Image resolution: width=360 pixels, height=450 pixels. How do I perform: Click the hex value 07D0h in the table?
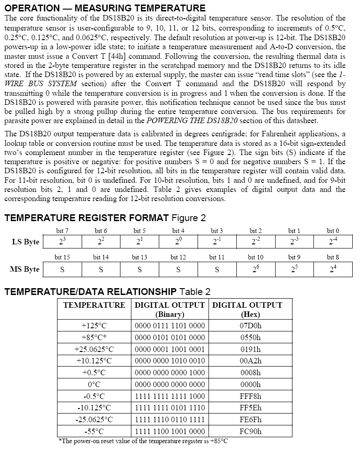pyautogui.click(x=250, y=326)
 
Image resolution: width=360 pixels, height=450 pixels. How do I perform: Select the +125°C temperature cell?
pyautogui.click(x=94, y=326)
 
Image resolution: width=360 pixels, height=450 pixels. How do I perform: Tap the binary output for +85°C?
pyautogui.click(x=170, y=338)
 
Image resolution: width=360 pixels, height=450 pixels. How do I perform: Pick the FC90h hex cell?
pyautogui.click(x=250, y=431)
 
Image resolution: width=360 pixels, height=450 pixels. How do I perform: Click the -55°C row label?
pyautogui.click(x=94, y=431)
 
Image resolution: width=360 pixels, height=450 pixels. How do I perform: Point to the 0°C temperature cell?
pyautogui.click(x=94, y=384)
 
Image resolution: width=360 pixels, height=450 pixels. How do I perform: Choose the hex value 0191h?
pyautogui.click(x=250, y=349)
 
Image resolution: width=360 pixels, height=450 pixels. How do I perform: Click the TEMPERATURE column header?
pyautogui.click(x=94, y=305)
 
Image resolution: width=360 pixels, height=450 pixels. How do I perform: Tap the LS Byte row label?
pyautogui.click(x=26, y=242)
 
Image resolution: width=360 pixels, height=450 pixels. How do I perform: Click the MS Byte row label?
pyautogui.click(x=25, y=269)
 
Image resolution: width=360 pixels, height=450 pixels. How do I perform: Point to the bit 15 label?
pyautogui.click(x=62, y=258)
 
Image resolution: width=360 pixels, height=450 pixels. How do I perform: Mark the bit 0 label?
pyautogui.click(x=333, y=231)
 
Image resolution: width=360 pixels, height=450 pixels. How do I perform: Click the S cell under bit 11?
pyautogui.click(x=217, y=269)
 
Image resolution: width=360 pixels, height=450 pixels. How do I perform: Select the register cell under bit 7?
pyautogui.click(x=62, y=242)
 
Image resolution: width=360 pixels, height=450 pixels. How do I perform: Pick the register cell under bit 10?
pyautogui.click(x=256, y=269)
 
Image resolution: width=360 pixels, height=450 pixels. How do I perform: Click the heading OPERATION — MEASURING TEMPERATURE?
pyautogui.click(x=105, y=8)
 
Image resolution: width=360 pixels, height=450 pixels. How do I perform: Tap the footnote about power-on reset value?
pyautogui.click(x=143, y=441)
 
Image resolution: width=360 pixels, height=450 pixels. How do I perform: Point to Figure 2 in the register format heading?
pyautogui.click(x=185, y=218)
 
